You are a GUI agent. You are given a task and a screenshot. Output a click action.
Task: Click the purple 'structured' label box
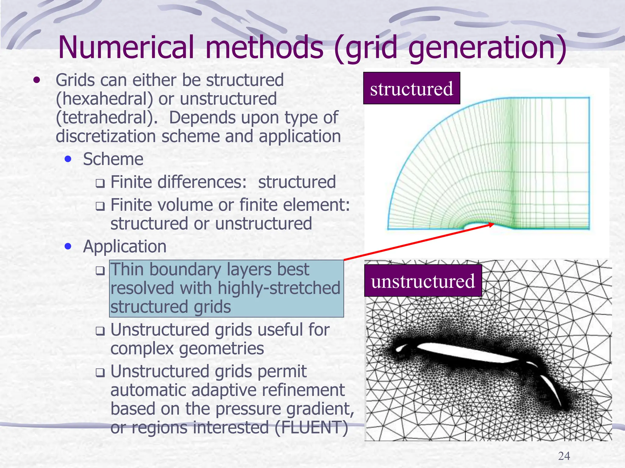pos(411,88)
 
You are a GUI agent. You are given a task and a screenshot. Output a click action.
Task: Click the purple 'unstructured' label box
pos(423,281)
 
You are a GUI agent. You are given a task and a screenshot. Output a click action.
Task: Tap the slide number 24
pos(564,456)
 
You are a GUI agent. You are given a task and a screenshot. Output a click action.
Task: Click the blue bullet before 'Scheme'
pos(68,159)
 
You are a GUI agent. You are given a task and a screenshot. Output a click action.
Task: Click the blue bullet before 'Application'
pos(68,246)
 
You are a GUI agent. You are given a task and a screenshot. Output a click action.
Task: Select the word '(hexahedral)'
pos(104,99)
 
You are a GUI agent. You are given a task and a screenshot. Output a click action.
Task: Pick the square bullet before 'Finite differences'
pos(100,183)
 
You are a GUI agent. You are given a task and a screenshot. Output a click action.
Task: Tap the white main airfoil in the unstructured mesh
pos(467,353)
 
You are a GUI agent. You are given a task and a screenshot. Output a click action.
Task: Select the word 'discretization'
pos(106,136)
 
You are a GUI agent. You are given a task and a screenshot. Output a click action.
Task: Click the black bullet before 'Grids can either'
pos(37,80)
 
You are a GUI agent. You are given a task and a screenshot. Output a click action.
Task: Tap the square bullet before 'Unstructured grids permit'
pos(100,372)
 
